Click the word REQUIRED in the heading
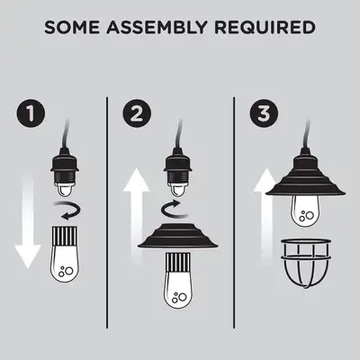pyautogui.click(x=269, y=28)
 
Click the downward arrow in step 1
pyautogui.click(x=28, y=225)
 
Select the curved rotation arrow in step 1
pyautogui.click(x=67, y=211)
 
